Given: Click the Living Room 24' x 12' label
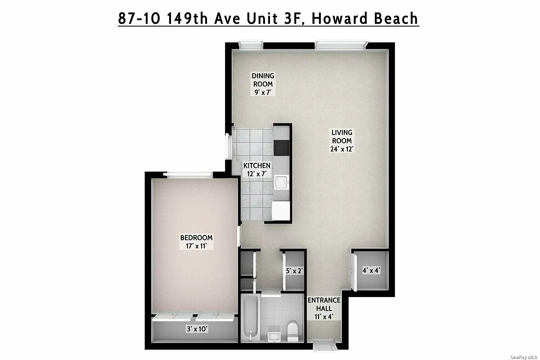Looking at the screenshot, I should point(342,141).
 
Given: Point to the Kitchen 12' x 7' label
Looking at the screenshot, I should point(257,170).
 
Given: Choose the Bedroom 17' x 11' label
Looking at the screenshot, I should point(196,242).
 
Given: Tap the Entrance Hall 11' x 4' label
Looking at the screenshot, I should point(324,308).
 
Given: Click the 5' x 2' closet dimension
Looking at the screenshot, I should point(294,271).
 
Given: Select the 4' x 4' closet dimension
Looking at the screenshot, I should point(372,270).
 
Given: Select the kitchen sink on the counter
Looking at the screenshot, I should point(281,182).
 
